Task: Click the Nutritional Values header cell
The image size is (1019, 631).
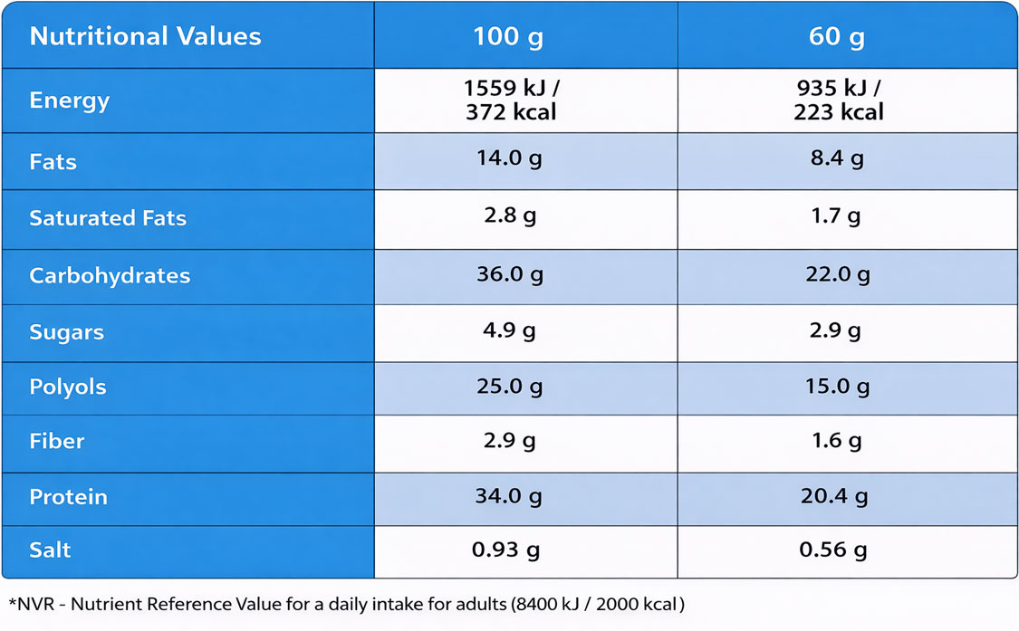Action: coord(145,36)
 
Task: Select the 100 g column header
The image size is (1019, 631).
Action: coord(509,37)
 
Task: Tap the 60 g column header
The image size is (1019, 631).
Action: coord(837,37)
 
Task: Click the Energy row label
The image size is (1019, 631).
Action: coord(69,100)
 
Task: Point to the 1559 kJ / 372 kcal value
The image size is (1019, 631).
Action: coord(510,100)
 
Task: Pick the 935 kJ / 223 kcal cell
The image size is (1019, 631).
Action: coord(838,100)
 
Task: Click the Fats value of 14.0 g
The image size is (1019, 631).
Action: coord(510,159)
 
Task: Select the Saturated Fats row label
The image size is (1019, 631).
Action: coord(108,218)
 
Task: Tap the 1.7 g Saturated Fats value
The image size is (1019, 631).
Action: coord(838,216)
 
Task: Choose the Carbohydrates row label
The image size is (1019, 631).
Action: coord(110,276)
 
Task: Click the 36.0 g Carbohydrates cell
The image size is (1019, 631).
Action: coord(510,274)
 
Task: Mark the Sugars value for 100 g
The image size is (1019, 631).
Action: coord(510,330)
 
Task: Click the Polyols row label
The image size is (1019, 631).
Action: coord(68,387)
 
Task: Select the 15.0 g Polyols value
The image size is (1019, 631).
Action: coord(838,387)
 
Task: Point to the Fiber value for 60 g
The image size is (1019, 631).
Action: coord(838,441)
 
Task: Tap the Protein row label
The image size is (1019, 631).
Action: coord(68,497)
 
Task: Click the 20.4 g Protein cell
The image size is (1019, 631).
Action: coord(838,496)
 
